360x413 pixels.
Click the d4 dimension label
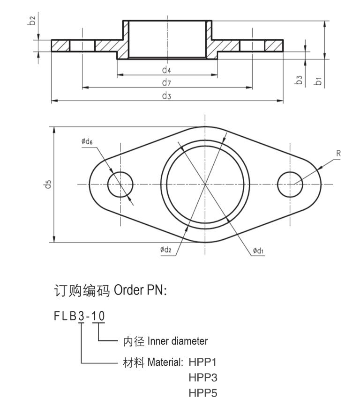166,70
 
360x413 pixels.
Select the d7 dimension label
166,83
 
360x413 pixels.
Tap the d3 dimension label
166,96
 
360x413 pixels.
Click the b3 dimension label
299,80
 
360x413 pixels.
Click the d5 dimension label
47,184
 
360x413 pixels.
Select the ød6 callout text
87,141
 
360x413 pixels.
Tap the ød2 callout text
165,249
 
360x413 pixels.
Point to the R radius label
338,153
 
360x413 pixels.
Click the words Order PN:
140,290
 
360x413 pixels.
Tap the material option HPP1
202,362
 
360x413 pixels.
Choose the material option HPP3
203,377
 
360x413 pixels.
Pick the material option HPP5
203,393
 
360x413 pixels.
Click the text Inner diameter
178,341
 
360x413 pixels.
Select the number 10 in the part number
98,316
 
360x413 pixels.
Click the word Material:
165,362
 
